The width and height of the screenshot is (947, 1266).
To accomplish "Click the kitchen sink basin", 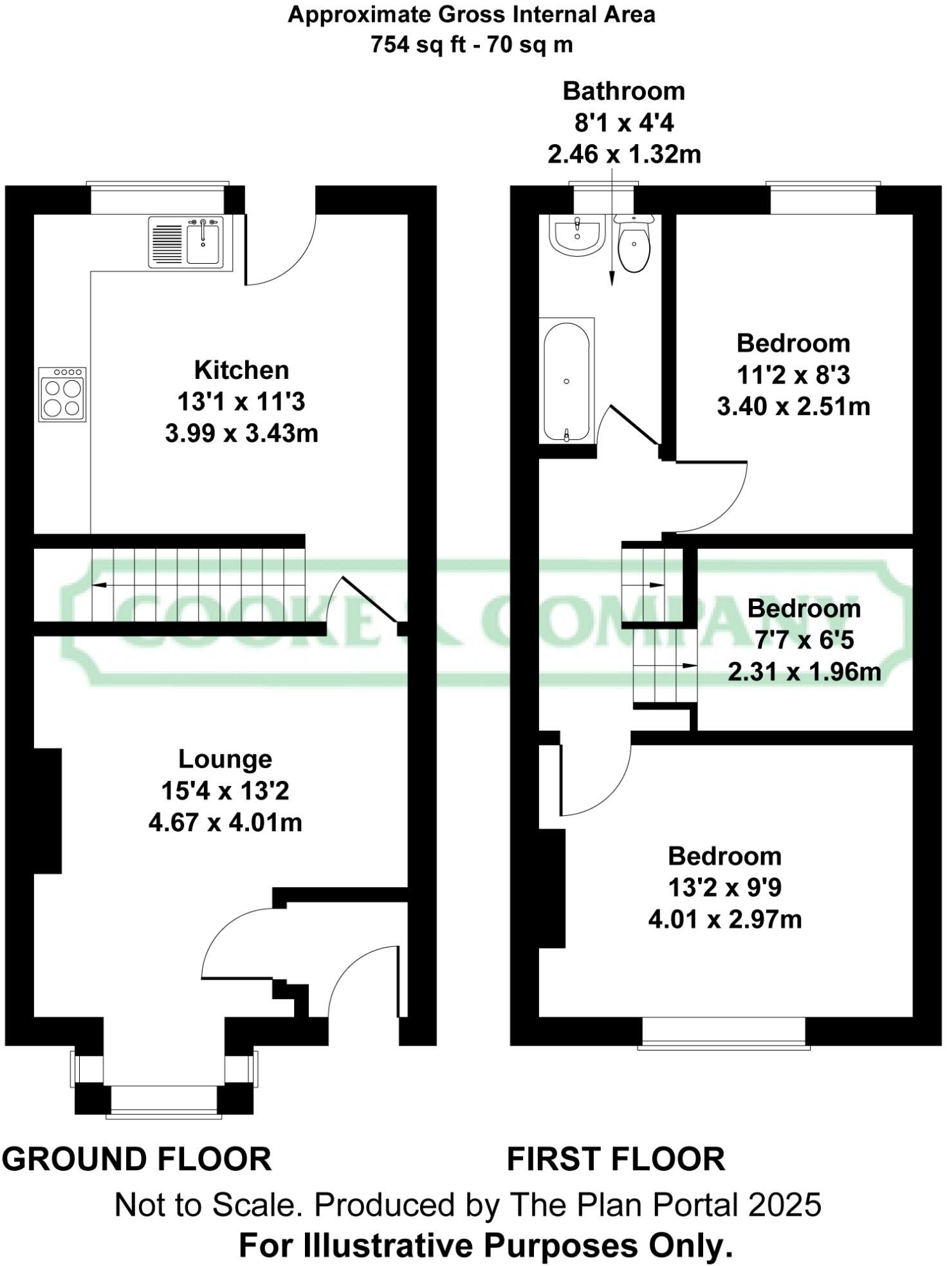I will click(x=204, y=243).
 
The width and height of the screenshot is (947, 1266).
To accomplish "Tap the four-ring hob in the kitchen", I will click(x=62, y=394).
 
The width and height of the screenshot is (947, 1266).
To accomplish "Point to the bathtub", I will click(x=566, y=381).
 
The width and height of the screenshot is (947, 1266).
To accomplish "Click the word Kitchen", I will click(x=241, y=370).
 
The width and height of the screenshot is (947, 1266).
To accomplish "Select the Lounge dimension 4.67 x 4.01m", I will click(x=225, y=822).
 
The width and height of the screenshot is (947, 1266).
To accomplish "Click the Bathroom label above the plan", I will click(x=623, y=91).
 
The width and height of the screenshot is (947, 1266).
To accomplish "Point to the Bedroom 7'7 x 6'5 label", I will click(x=804, y=609).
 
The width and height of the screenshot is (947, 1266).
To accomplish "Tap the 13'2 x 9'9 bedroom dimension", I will click(x=724, y=888).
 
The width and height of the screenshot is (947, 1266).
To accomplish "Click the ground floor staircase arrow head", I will click(x=98, y=585).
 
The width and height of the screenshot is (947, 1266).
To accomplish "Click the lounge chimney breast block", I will click(x=47, y=811).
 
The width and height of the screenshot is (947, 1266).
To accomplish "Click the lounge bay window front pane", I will click(x=163, y=1099).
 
